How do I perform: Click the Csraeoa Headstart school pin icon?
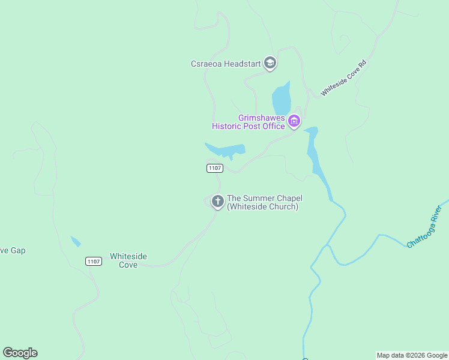[270, 63]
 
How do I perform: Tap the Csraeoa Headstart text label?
[226, 64]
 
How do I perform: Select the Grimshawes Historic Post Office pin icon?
[294, 122]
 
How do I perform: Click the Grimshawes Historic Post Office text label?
[249, 122]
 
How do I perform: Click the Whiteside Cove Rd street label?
[343, 78]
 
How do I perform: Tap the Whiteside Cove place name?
[128, 260]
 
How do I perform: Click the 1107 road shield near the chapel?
[215, 169]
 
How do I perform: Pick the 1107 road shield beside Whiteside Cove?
[93, 261]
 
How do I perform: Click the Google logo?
[20, 353]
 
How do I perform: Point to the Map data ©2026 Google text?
[412, 355]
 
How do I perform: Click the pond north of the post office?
[281, 98]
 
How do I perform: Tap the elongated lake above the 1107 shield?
[227, 150]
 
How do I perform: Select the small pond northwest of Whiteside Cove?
[76, 241]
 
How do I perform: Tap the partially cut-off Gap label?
[12, 250]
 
